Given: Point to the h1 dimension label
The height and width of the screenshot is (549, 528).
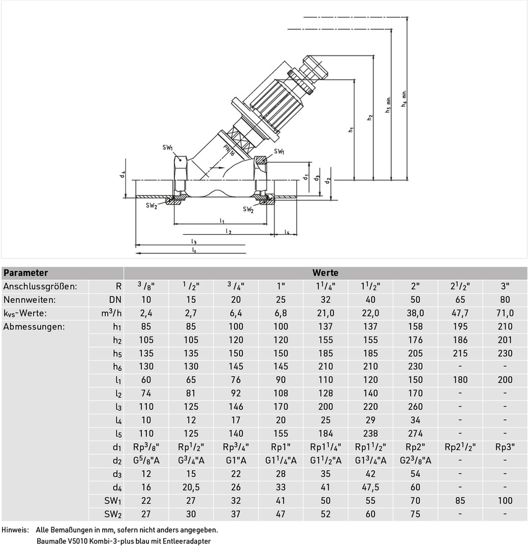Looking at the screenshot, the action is [351, 130].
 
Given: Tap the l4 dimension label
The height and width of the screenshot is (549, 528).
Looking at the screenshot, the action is [287, 232].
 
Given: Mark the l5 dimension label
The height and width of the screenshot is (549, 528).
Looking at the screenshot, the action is [194, 250].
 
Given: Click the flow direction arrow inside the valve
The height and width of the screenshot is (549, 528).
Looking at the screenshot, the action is [217, 168].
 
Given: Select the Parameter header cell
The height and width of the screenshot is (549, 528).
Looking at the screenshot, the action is [25, 273].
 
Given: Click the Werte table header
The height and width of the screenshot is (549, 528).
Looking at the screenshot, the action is [325, 273].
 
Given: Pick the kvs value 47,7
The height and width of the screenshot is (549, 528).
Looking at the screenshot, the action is [460, 313].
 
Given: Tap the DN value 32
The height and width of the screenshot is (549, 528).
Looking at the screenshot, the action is [325, 300].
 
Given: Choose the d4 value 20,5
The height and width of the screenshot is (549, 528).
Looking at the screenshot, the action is [191, 487].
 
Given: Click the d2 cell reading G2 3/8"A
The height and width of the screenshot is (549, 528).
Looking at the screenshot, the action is [415, 461].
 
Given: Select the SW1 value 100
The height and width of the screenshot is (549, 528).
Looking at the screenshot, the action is [505, 501].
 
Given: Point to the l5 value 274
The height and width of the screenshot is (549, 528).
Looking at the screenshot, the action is [415, 434].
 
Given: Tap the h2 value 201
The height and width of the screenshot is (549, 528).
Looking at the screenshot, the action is [505, 340].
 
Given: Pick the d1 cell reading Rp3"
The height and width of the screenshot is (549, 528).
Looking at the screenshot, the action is [505, 447].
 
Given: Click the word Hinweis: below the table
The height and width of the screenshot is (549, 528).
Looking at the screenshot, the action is [15, 530].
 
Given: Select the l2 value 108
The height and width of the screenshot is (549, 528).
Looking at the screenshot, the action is [281, 393].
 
